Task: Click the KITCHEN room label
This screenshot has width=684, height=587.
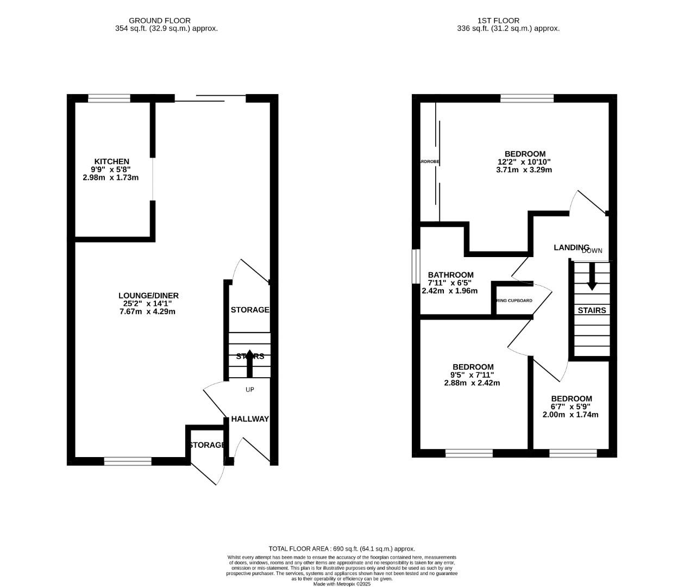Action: (111, 161)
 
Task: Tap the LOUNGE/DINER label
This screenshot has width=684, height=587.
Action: (148, 296)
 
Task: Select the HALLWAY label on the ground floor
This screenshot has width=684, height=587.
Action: (250, 419)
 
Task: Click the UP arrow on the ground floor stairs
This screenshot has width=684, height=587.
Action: (249, 363)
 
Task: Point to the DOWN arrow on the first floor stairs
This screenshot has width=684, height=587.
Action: (592, 276)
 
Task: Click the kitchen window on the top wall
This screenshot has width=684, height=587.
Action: (109, 98)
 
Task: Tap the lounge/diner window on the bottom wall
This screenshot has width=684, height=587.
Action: (128, 461)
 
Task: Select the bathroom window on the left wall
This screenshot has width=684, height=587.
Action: (416, 266)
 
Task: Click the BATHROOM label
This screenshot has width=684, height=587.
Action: (450, 275)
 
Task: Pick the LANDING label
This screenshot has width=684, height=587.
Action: (571, 247)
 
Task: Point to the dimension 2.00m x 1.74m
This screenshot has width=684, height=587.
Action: (570, 415)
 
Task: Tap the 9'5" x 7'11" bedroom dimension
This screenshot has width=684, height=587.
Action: (472, 375)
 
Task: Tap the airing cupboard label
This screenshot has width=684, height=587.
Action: (513, 301)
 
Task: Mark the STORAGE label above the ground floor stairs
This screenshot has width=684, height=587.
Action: (249, 310)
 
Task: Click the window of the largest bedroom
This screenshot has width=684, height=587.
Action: (526, 98)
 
